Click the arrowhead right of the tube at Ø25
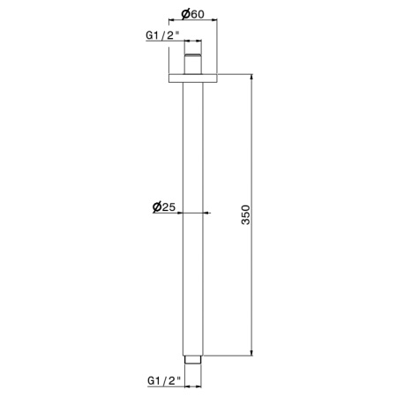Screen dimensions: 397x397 coord(208,213)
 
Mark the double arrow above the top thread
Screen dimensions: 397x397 coord(193,41)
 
